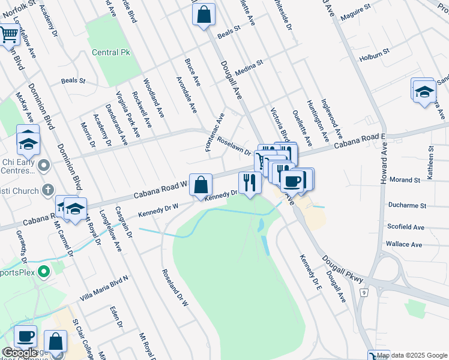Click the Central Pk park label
coord(111,53)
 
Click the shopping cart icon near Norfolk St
coord(8,35)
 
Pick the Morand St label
coord(404,180)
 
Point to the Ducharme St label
coord(406,205)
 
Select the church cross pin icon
coord(48,191)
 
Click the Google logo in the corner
coord(19,353)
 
